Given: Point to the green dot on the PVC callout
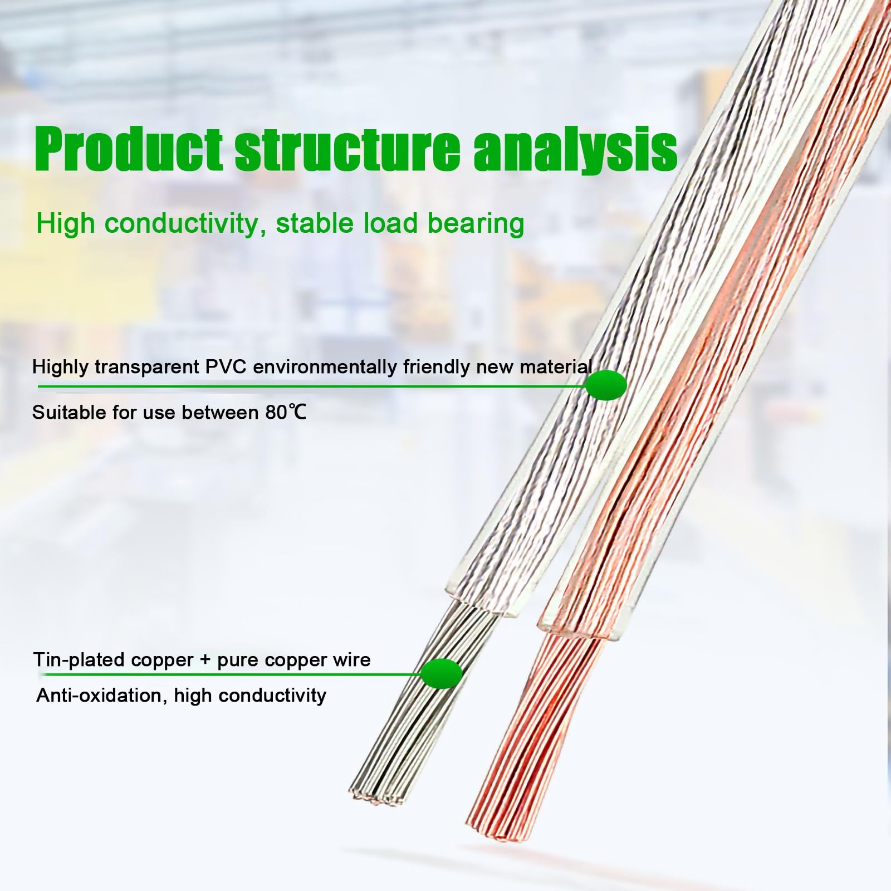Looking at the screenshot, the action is pyautogui.click(x=606, y=385).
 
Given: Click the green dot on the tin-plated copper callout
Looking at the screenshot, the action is pyautogui.click(x=442, y=673).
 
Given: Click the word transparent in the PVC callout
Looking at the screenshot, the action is pyautogui.click(x=145, y=368).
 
